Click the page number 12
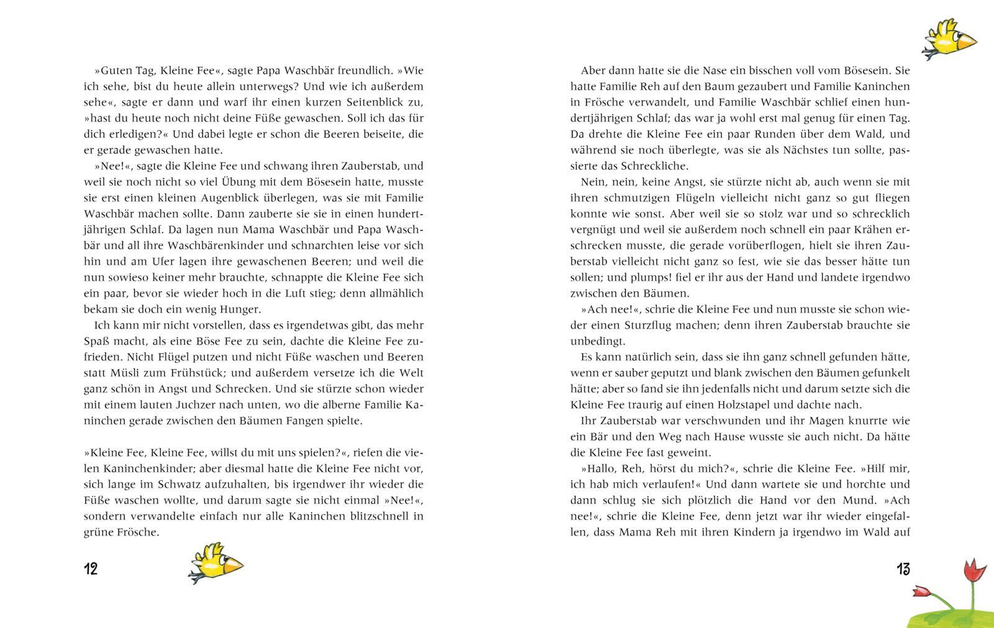click(91, 568)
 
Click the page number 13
click(903, 568)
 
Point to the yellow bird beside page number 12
click(215, 563)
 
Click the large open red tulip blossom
click(971, 569)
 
